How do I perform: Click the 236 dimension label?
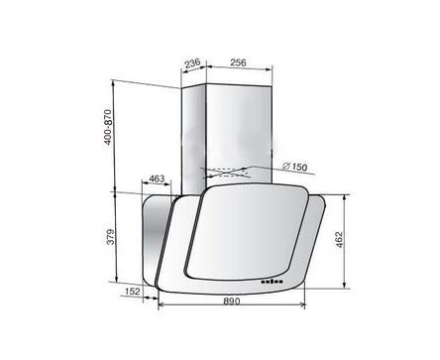coord(192,62)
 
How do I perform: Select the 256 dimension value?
coord(238,62)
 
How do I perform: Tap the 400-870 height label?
coord(108,127)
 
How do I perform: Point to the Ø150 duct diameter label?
coord(295,167)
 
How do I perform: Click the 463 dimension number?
coord(157,179)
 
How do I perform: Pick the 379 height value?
coord(111,237)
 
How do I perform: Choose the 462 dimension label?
coord(339,240)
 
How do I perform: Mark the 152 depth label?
coord(133,292)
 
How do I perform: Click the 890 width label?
coord(232,301)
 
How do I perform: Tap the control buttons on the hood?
coord(272,282)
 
